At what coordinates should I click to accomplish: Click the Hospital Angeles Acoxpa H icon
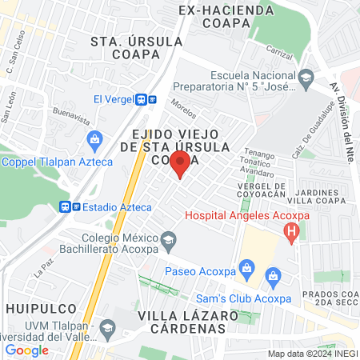[292, 233]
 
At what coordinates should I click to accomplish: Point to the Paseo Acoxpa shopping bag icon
[247, 267]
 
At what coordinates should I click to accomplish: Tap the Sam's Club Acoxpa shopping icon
[274, 279]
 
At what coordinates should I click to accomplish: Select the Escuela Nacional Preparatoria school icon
[306, 78]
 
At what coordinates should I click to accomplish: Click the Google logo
[26, 350]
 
